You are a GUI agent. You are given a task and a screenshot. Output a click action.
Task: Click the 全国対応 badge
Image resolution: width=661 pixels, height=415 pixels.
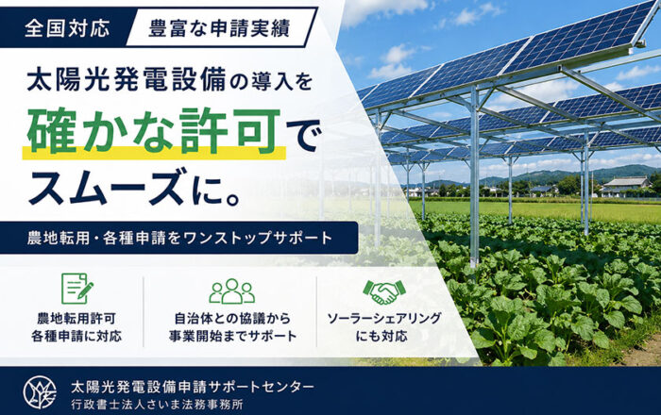(x=67, y=28)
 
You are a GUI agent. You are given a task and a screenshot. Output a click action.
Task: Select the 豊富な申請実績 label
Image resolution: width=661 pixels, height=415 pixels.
(x=220, y=28)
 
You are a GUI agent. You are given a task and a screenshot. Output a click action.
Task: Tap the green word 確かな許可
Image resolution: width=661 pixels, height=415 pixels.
(x=154, y=130)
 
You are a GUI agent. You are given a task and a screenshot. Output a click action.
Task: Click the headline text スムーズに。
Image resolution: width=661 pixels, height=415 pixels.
(x=134, y=186)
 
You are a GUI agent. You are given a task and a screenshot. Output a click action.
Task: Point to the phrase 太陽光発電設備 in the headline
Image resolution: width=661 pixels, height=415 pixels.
(x=127, y=79)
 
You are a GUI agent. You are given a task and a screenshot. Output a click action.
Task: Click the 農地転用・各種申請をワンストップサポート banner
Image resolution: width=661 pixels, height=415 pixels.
(x=178, y=238)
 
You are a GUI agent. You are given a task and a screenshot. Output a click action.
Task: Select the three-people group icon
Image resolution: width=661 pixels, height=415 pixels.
(x=232, y=290)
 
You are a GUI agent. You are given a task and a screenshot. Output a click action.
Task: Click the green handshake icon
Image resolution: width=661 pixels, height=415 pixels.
(x=384, y=291)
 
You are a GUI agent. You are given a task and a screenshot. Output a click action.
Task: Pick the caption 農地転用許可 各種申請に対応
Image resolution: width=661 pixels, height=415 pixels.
(x=76, y=327)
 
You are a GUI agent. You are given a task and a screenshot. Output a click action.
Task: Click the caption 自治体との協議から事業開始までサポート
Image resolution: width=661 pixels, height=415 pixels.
(x=232, y=327)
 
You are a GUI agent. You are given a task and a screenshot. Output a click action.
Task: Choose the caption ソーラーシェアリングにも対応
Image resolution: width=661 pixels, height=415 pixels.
(x=384, y=327)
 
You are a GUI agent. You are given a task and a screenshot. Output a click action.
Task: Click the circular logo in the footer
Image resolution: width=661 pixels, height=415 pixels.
(x=40, y=392)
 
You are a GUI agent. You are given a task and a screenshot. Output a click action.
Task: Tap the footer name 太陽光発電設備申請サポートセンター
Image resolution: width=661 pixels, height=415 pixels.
(x=193, y=386)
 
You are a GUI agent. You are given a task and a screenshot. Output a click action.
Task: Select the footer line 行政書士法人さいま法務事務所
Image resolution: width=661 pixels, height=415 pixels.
(x=158, y=405)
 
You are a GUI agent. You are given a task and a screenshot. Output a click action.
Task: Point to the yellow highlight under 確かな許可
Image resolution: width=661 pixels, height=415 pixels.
(x=154, y=153)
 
